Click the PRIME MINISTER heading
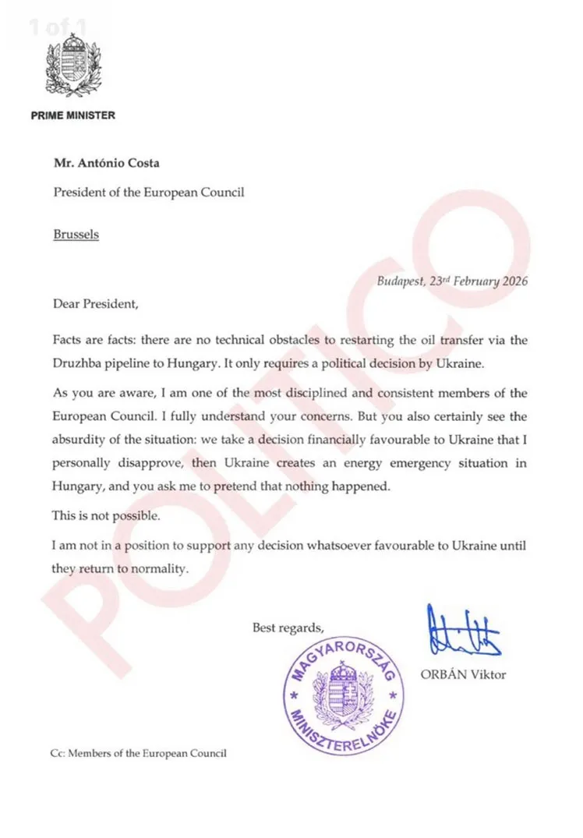pos(73,116)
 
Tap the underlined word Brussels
pos(76,233)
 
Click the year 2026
pos(511,281)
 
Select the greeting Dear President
pos(95,303)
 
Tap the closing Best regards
pos(288,627)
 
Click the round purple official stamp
pos(344,691)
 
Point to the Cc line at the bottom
pos(138,753)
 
